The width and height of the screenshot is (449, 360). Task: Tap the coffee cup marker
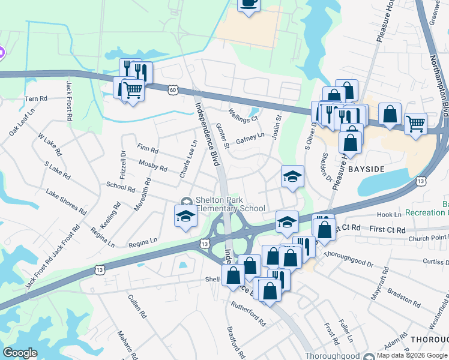pos(249,3)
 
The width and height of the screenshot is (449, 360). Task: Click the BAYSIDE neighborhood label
pos(366,170)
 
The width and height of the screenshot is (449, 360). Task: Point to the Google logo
pos(20,353)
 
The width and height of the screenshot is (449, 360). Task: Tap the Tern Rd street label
pos(36,98)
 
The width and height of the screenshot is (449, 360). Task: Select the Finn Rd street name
pos(147,148)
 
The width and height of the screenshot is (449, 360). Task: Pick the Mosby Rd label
pos(152,165)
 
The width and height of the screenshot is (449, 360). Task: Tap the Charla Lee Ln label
pos(188,159)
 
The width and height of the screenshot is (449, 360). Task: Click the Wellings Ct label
pos(243,115)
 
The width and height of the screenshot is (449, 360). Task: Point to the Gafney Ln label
pos(250,139)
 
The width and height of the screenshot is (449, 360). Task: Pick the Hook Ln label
pos(389,214)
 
